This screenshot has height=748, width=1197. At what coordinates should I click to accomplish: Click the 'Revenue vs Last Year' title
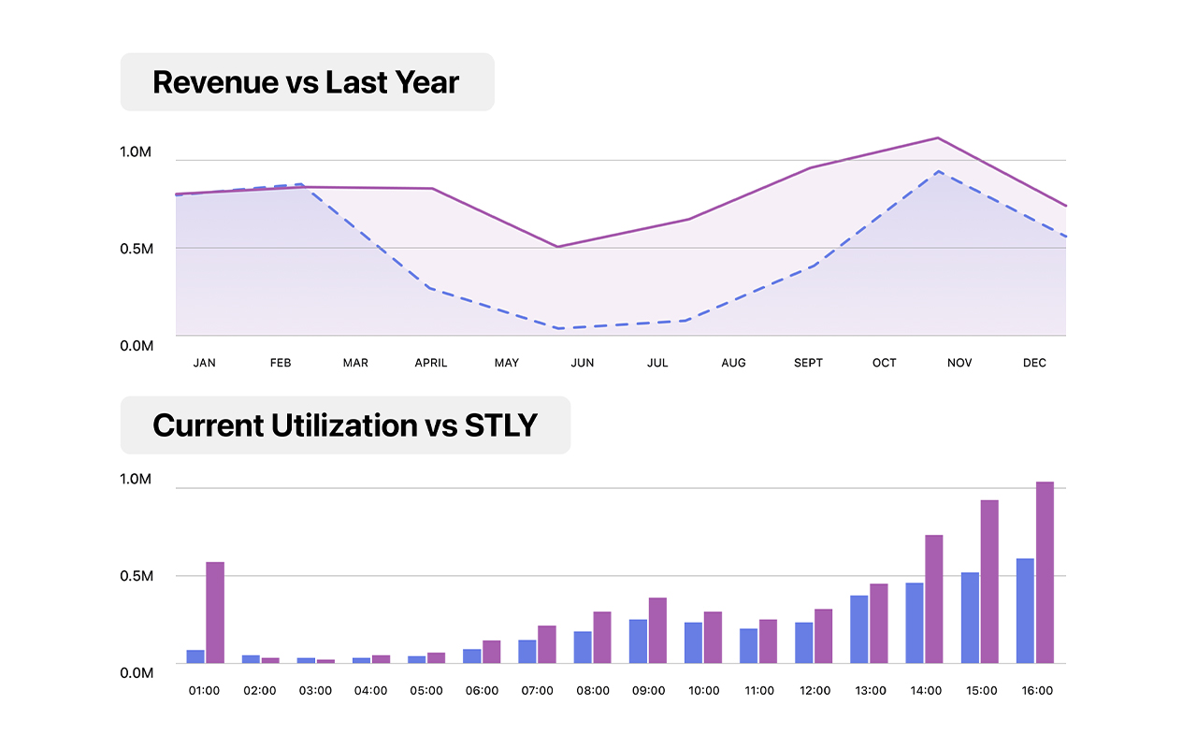coord(306,82)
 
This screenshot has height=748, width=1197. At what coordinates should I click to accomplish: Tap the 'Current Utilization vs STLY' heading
coord(345,425)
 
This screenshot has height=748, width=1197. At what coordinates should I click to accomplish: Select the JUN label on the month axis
coord(582,363)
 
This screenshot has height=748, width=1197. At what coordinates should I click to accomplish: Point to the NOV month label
coord(959,363)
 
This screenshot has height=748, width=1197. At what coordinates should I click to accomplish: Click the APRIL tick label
coord(431,363)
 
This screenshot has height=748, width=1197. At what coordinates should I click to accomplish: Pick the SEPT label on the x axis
coord(808,363)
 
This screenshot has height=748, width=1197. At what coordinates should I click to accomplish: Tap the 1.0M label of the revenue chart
coord(137,152)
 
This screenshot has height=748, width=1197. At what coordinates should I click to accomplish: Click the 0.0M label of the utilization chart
coord(137,672)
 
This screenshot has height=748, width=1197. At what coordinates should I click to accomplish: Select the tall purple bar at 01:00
coord(215,612)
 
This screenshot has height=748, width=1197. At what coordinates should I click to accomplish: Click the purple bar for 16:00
coord(1045,572)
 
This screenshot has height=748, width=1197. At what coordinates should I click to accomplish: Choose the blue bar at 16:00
coord(1025,611)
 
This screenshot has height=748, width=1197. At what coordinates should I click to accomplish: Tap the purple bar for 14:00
coord(933,598)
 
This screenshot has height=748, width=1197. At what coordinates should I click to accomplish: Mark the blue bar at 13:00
coord(859,629)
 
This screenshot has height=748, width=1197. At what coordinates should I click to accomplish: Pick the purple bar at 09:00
coord(657,630)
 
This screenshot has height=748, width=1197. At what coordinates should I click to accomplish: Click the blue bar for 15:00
coord(970,617)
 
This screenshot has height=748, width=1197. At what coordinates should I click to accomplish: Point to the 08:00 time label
coord(592,691)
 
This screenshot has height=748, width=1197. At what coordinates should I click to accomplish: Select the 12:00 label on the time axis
coord(815,691)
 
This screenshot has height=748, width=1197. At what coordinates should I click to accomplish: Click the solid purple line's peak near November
coord(937,138)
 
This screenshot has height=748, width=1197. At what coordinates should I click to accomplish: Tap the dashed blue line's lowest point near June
coord(559,328)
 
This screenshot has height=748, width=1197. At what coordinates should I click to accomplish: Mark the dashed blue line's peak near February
coord(299,184)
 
